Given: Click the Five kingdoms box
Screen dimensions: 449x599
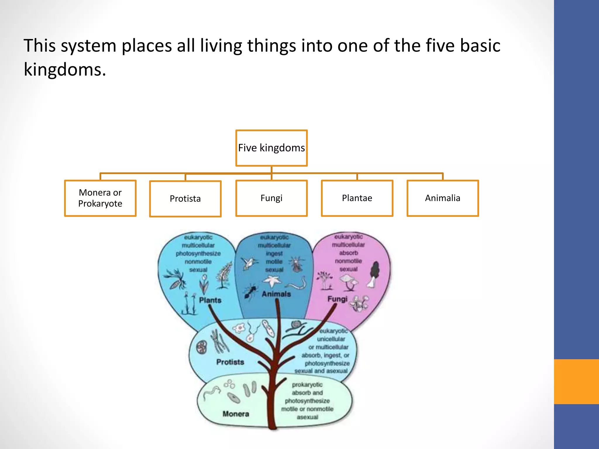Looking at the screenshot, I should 271,148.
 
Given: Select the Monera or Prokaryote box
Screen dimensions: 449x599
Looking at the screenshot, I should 100,198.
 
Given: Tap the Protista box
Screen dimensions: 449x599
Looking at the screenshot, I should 185,199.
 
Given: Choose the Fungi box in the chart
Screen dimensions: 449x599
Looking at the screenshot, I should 271,198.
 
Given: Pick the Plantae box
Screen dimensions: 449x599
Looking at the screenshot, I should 357,198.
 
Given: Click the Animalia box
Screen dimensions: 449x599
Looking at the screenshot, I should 443,198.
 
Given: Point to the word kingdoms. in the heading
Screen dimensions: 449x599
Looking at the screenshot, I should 65,70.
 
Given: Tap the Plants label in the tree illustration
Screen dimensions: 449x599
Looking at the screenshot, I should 210,300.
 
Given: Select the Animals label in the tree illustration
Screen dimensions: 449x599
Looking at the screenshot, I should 276,294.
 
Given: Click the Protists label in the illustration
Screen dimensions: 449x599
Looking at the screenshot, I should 230,362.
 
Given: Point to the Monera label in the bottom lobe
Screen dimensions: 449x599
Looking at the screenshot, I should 236,414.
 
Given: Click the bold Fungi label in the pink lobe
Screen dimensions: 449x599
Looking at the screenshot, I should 337,299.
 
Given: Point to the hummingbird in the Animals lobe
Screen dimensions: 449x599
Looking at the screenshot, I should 249,262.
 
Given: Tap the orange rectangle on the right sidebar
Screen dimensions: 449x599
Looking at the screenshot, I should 576,381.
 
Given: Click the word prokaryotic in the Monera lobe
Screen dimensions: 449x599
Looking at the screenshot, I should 307,384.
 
